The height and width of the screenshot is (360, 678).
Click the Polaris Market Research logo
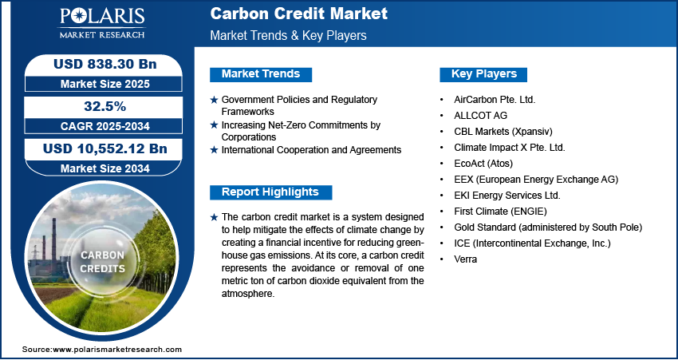click(x=102, y=23)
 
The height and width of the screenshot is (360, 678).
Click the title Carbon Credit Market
click(x=299, y=14)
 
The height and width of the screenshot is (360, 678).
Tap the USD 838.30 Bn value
click(x=104, y=64)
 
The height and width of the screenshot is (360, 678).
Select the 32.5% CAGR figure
click(x=104, y=106)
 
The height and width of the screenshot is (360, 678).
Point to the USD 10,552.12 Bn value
click(x=104, y=148)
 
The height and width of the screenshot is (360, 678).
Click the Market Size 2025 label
click(x=104, y=84)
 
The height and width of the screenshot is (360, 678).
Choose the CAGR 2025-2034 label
click(x=104, y=126)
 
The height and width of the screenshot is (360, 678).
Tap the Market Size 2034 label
click(x=104, y=168)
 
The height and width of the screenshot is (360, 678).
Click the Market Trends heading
click(x=261, y=74)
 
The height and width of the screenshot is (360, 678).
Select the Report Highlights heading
click(x=270, y=192)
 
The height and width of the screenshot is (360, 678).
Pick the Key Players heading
click(x=484, y=74)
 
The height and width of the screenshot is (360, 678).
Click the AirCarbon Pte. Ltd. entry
click(x=495, y=100)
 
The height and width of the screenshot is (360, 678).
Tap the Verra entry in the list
click(x=465, y=259)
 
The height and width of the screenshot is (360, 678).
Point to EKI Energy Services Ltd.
click(x=507, y=196)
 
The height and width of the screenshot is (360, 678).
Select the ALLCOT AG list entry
click(x=480, y=116)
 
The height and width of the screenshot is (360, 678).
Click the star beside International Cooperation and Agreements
click(x=214, y=150)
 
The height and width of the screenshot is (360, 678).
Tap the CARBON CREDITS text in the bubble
click(x=102, y=262)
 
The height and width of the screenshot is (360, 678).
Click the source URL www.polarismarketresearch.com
click(x=117, y=349)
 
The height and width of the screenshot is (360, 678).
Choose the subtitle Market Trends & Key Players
click(x=289, y=35)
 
